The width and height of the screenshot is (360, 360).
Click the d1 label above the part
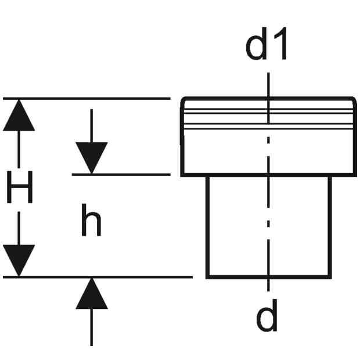[x=267, y=44]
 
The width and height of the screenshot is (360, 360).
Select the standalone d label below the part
[x=267, y=315]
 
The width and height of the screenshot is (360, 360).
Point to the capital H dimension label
[x=20, y=187]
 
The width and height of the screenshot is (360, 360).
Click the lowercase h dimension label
[x=91, y=219]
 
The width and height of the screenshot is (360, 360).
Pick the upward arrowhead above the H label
[x=19, y=115]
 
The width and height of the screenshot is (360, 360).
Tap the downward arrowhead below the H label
[x=19, y=261]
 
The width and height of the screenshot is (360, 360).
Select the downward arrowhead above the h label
[x=92, y=158]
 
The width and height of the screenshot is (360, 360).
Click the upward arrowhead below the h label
[x=92, y=293]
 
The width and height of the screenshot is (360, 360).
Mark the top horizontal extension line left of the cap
[x=87, y=99]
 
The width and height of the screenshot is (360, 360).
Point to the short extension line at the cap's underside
[x=121, y=175]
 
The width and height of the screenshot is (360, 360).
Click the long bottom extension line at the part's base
[x=98, y=278]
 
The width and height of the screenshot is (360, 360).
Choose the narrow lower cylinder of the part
[x=269, y=227]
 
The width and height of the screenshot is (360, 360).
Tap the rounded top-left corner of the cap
[x=183, y=99]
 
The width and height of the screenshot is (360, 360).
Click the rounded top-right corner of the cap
[x=355, y=99]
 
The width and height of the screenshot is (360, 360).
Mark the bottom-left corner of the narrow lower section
[x=207, y=278]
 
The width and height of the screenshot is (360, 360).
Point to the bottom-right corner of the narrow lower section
[x=330, y=278]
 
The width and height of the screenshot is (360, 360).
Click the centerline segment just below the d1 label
[x=268, y=98]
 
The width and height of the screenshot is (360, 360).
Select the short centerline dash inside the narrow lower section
[x=268, y=224]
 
